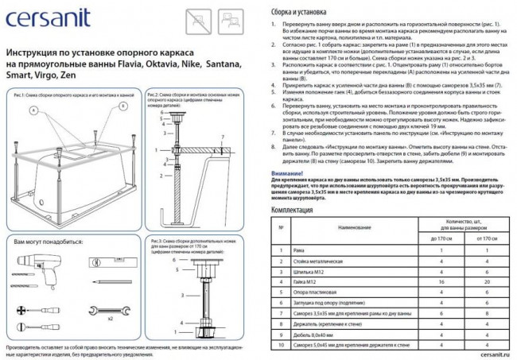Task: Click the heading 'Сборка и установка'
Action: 298,12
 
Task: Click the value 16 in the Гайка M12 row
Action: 441,281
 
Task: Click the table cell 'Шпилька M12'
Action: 310,271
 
